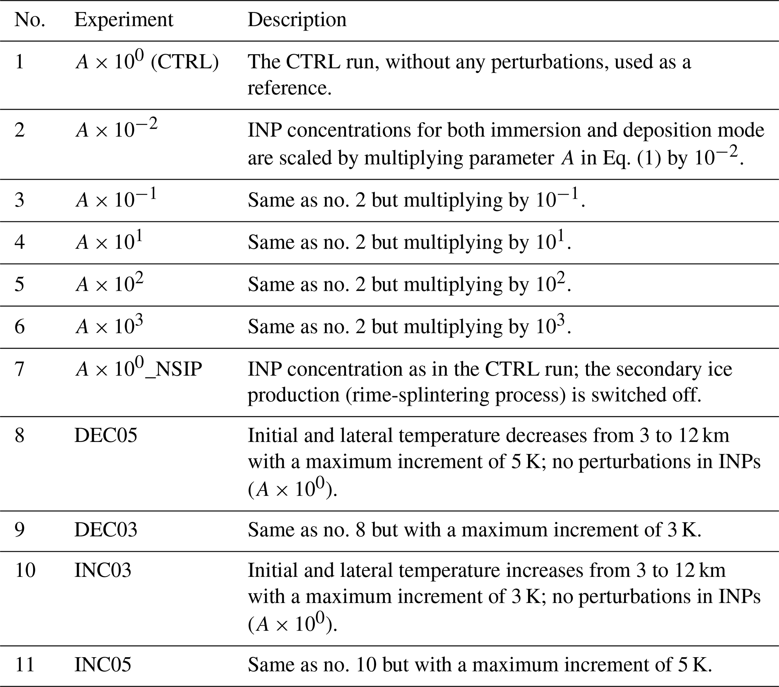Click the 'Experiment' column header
pyautogui.click(x=124, y=20)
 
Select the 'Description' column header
pyautogui.click(x=297, y=20)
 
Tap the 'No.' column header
pyautogui.click(x=30, y=20)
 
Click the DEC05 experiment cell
pyautogui.click(x=106, y=436)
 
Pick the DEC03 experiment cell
pyautogui.click(x=106, y=529)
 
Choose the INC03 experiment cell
pyautogui.click(x=103, y=571)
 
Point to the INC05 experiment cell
pyautogui.click(x=103, y=664)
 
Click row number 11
pyautogui.click(x=25, y=664)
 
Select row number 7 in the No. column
pyautogui.click(x=20, y=369)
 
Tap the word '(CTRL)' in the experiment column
pyautogui.click(x=185, y=62)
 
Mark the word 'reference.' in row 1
pyautogui.click(x=289, y=88)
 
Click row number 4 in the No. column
pyautogui.click(x=20, y=242)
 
